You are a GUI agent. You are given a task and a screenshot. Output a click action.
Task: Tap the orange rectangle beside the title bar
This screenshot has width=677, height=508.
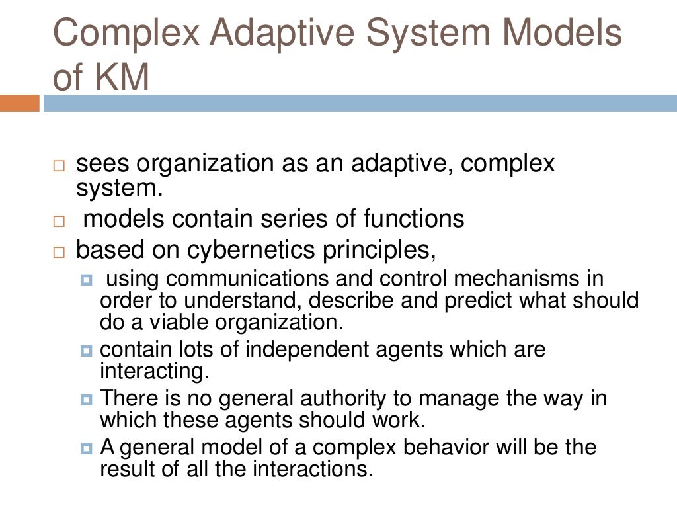[20, 103]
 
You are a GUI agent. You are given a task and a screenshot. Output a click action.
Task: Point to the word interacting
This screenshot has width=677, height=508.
[154, 370]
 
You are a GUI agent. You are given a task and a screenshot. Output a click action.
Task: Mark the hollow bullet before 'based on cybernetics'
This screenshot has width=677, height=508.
[60, 252]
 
